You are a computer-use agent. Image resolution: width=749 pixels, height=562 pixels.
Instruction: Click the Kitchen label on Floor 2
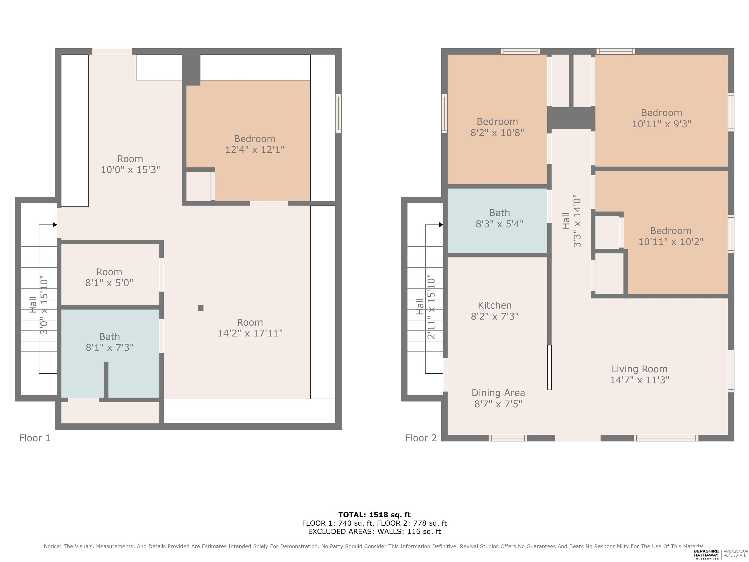click(x=494, y=305)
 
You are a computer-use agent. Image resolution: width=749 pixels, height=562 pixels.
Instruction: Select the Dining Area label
click(x=498, y=393)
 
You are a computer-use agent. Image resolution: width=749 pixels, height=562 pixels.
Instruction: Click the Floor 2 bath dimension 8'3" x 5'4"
click(x=499, y=224)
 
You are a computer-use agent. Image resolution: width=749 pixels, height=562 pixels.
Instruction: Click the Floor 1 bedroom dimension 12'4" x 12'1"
click(x=255, y=149)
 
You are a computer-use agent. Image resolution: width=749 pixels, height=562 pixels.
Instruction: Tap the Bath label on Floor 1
click(x=109, y=336)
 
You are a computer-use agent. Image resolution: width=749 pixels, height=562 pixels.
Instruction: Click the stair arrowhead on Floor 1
click(x=55, y=225)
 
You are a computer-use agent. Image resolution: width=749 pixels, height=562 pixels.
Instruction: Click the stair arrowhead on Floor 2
click(x=441, y=225)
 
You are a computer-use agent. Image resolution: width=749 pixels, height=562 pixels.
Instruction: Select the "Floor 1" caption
click(x=35, y=438)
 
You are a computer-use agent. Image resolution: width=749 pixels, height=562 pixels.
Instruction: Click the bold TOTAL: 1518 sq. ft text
click(x=374, y=515)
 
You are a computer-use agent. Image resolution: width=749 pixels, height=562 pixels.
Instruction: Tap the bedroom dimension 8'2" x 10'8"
click(x=497, y=132)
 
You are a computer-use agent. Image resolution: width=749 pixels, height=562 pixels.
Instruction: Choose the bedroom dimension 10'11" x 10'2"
click(x=671, y=241)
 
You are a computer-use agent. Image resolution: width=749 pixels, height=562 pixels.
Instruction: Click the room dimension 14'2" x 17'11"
click(x=250, y=333)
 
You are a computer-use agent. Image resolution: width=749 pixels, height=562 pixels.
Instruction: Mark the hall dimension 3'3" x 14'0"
click(x=577, y=221)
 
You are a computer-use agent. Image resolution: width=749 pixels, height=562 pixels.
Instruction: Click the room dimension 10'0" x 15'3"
click(x=130, y=169)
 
